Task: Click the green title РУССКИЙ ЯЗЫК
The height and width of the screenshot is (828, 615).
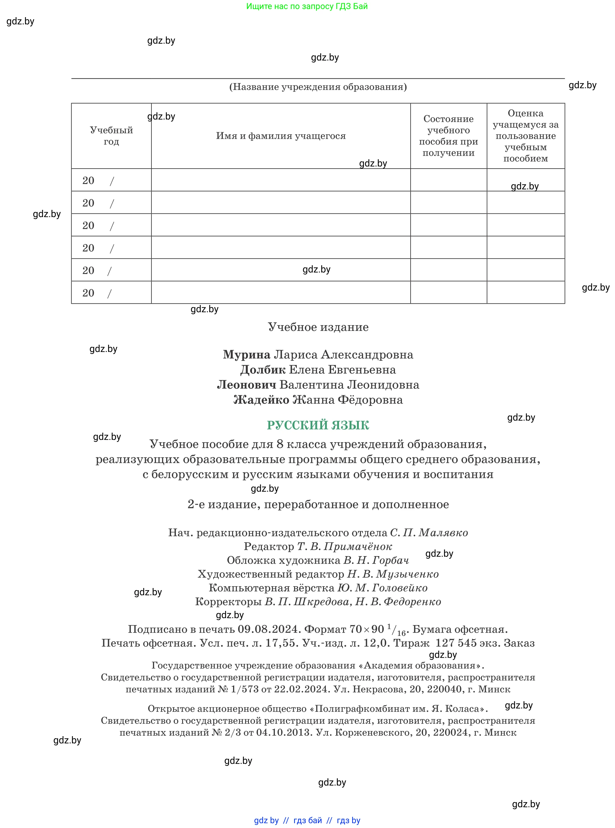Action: (318, 425)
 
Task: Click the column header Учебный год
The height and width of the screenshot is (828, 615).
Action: (111, 136)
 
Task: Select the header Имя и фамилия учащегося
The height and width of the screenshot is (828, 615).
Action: (281, 136)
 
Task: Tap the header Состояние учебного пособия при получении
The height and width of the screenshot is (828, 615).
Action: (448, 136)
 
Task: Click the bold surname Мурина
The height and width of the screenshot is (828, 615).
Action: (247, 354)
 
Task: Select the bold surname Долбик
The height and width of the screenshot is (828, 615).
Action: (263, 370)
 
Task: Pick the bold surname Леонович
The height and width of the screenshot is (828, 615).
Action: (247, 384)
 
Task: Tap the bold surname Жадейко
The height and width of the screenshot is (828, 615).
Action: (261, 400)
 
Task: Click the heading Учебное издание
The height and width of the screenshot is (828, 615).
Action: (318, 327)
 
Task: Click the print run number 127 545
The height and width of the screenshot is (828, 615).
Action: (456, 643)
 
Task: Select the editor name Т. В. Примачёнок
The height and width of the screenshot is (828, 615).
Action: (344, 546)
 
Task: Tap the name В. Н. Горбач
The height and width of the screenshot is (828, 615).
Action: (376, 560)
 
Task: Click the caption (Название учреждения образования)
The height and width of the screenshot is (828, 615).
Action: (318, 87)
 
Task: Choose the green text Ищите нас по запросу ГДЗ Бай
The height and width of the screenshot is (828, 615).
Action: (307, 6)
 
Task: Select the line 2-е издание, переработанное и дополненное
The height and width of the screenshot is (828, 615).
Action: (318, 504)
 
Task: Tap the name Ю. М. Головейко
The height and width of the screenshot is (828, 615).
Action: (382, 588)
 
